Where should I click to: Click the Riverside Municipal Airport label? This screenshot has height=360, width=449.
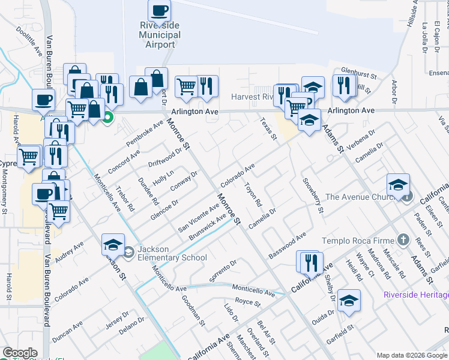160,35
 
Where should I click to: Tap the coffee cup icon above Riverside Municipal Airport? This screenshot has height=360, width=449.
160,11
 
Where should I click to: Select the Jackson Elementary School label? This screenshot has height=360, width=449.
172,253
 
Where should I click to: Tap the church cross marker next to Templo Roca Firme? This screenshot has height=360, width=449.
403,240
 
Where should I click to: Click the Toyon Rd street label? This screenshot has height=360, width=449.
253,195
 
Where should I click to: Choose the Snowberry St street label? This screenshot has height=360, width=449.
313,196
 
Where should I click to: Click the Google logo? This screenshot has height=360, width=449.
20,353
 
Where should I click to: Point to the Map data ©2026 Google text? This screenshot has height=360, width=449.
412,355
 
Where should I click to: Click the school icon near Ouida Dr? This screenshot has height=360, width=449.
349,302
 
